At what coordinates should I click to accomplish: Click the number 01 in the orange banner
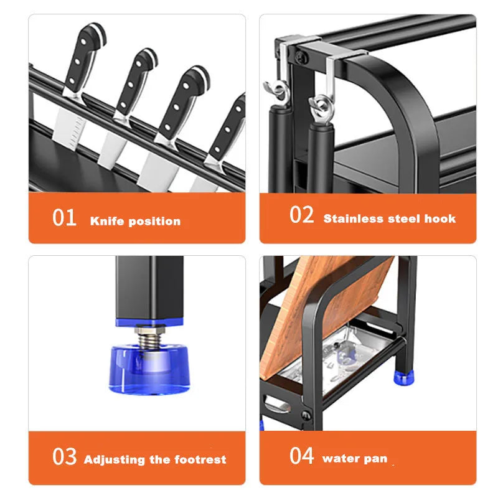[64, 218]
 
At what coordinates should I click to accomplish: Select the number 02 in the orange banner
[302, 215]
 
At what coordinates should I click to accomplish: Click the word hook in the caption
[439, 218]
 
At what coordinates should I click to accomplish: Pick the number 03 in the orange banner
[64, 457]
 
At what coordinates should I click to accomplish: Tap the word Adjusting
[115, 461]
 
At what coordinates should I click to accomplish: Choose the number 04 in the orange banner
[302, 456]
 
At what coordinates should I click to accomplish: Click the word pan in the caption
[375, 459]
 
